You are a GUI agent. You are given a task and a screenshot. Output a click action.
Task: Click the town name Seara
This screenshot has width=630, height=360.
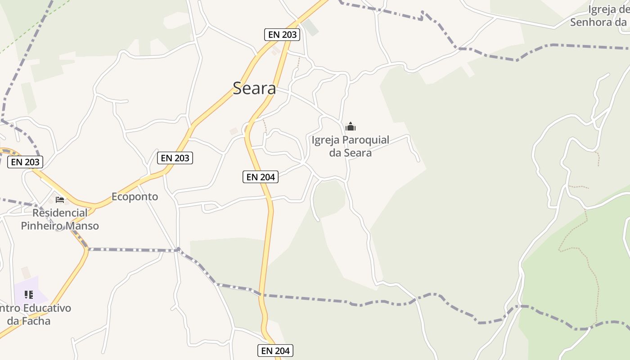pos(254,88)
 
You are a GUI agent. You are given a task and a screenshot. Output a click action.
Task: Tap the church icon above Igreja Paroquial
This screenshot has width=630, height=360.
pos(350,126)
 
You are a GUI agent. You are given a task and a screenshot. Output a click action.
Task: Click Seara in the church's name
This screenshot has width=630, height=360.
pos(358,153)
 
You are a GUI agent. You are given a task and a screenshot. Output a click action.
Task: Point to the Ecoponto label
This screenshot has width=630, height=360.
pos(135,197)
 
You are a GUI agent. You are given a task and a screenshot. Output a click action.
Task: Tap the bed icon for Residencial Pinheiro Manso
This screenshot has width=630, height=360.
pos(60,199)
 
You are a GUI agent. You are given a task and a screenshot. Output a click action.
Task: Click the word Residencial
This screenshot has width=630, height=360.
pos(60,213)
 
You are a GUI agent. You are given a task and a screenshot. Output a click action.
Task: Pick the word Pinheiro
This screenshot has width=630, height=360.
pos(41,225)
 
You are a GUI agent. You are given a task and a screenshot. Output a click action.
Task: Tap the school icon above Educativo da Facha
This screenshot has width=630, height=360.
pos(29,295)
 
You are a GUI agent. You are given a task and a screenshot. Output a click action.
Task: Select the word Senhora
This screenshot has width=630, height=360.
pos(592,22)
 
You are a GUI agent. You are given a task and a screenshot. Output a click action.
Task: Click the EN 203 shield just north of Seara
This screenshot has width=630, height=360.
pos(282,34)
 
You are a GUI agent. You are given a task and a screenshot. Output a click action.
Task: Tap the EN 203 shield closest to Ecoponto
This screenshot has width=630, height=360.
pos(175,158)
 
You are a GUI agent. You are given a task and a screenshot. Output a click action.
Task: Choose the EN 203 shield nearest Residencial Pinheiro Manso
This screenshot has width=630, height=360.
pos(25,162)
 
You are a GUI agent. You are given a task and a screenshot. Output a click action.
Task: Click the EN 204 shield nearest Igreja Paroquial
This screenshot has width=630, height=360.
pos(261,177)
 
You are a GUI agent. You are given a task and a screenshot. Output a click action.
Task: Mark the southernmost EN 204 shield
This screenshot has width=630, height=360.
pos(275,351)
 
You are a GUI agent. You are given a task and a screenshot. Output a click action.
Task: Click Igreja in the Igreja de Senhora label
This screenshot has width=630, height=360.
pos(603,9)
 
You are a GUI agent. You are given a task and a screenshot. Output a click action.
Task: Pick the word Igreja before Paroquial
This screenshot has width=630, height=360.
pos(326,140)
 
